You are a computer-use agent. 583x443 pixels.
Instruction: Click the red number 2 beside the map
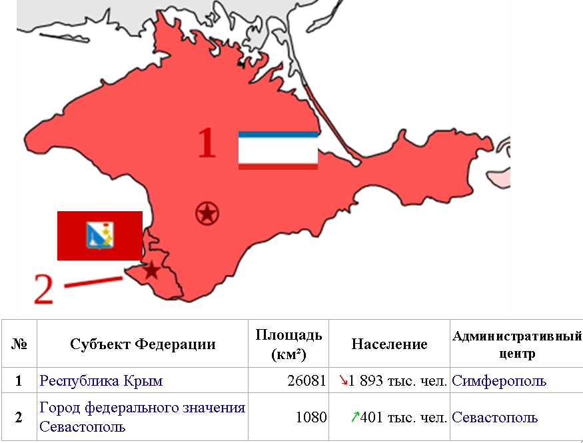coord(43,289)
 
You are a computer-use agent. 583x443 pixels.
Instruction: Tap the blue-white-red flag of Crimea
coord(278,151)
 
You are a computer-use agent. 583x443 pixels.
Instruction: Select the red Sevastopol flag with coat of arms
coord(100,235)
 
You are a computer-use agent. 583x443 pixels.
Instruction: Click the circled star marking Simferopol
coord(207,214)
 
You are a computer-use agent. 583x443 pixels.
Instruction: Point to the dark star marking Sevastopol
coord(152,270)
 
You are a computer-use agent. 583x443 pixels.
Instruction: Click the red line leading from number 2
coord(93,282)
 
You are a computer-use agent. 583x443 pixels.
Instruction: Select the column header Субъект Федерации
coord(143,344)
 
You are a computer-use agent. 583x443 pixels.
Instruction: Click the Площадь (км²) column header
coord(289,344)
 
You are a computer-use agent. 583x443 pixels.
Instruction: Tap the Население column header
coord(389,344)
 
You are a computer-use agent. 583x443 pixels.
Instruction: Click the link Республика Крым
coord(101,381)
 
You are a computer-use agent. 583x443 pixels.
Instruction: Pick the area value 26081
coord(308,381)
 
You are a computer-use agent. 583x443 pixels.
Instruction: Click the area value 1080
coord(311,418)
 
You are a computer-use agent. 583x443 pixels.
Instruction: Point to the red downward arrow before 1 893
coord(344,380)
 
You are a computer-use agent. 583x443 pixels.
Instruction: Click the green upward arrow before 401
coord(355,417)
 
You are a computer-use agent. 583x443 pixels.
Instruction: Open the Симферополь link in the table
coord(499,381)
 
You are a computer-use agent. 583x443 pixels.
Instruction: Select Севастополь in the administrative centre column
coord(494,418)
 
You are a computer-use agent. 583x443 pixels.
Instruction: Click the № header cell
coord(19,344)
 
